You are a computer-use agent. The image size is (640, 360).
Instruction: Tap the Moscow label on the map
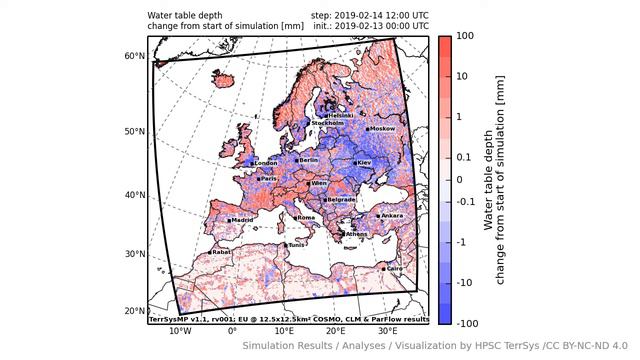384,129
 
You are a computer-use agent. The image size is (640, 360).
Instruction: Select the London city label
266,163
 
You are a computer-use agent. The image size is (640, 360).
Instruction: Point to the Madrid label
242,220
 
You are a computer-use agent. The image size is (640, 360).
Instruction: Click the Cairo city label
394,268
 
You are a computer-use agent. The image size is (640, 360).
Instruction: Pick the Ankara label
392,215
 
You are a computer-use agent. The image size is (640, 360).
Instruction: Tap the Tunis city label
297,245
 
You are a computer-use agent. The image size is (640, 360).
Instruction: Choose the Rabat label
221,252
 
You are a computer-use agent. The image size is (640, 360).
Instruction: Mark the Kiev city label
364,163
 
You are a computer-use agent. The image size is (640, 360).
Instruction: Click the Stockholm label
330,123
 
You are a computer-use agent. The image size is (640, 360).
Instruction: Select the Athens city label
356,234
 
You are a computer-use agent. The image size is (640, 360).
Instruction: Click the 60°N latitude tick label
134,56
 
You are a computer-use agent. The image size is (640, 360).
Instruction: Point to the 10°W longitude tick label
180,331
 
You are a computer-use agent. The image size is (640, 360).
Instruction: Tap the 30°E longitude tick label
387,331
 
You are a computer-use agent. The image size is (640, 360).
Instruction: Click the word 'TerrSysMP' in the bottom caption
169,320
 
